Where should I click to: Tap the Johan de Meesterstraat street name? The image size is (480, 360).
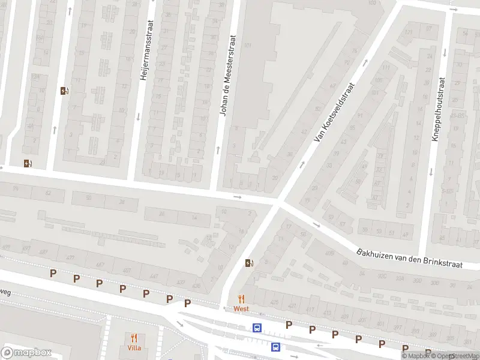tap(229, 75)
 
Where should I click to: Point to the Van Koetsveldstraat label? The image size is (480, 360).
tap(335, 113)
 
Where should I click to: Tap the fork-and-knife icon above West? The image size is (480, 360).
tap(241, 299)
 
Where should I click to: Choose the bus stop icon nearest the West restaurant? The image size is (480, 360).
tap(257, 328)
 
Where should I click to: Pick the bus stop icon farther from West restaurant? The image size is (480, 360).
tap(275, 347)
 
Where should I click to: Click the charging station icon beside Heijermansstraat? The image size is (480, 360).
tap(64, 91)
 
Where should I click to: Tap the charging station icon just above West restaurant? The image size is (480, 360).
tap(249, 262)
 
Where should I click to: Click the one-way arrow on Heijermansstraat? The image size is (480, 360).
tap(138, 116)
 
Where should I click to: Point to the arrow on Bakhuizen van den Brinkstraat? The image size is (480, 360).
tap(317, 226)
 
